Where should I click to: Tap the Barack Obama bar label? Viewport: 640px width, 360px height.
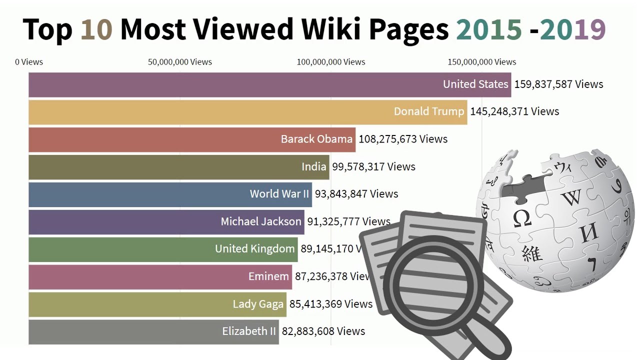(x=316, y=139)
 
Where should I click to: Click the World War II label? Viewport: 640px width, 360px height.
(x=279, y=194)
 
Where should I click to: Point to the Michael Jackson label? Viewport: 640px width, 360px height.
(x=261, y=221)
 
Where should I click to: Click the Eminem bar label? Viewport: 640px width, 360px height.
(x=268, y=276)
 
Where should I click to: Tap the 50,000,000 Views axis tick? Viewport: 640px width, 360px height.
(x=180, y=62)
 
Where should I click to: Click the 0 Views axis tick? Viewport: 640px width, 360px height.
(x=29, y=62)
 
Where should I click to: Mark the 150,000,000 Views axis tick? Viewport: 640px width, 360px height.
(x=481, y=62)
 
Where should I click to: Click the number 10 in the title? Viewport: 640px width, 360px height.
(x=96, y=30)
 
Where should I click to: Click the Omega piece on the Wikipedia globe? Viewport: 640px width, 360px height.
(x=521, y=218)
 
